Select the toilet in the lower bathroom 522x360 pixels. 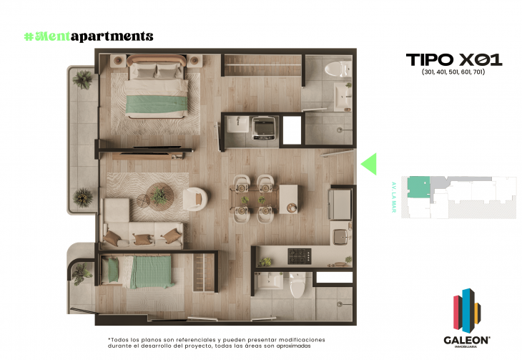point(297,285)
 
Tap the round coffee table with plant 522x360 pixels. point(159,194)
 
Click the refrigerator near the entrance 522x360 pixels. point(340,203)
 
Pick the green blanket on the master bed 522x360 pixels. point(151,105)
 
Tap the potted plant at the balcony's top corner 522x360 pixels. point(84,79)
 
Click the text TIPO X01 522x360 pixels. point(453,59)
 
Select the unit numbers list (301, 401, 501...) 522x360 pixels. point(453,73)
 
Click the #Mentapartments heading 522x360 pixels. point(88,36)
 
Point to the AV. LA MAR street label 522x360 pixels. point(393,191)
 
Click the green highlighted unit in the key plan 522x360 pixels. point(415,188)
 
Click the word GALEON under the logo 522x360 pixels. point(464,341)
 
